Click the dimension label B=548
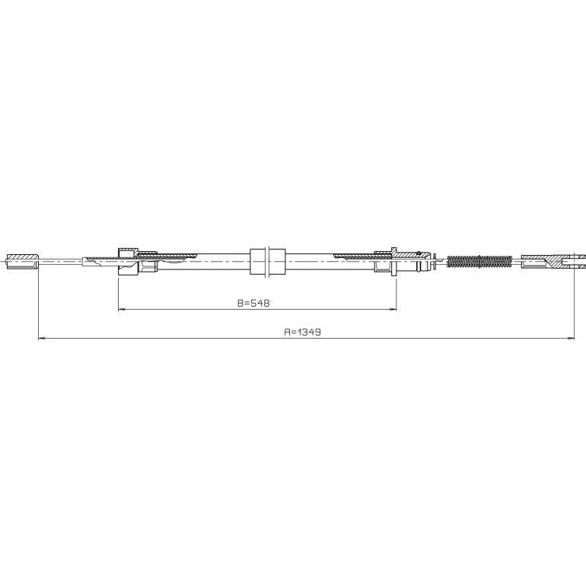click(253, 303)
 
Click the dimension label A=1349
click(302, 332)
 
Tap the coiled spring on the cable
click(479, 261)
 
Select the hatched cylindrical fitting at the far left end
click(22, 261)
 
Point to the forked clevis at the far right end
click(553, 261)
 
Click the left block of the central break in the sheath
click(257, 261)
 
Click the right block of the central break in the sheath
click(277, 261)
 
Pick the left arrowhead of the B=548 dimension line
click(121, 309)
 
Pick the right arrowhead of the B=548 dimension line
click(393, 309)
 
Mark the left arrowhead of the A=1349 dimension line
click(42, 339)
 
